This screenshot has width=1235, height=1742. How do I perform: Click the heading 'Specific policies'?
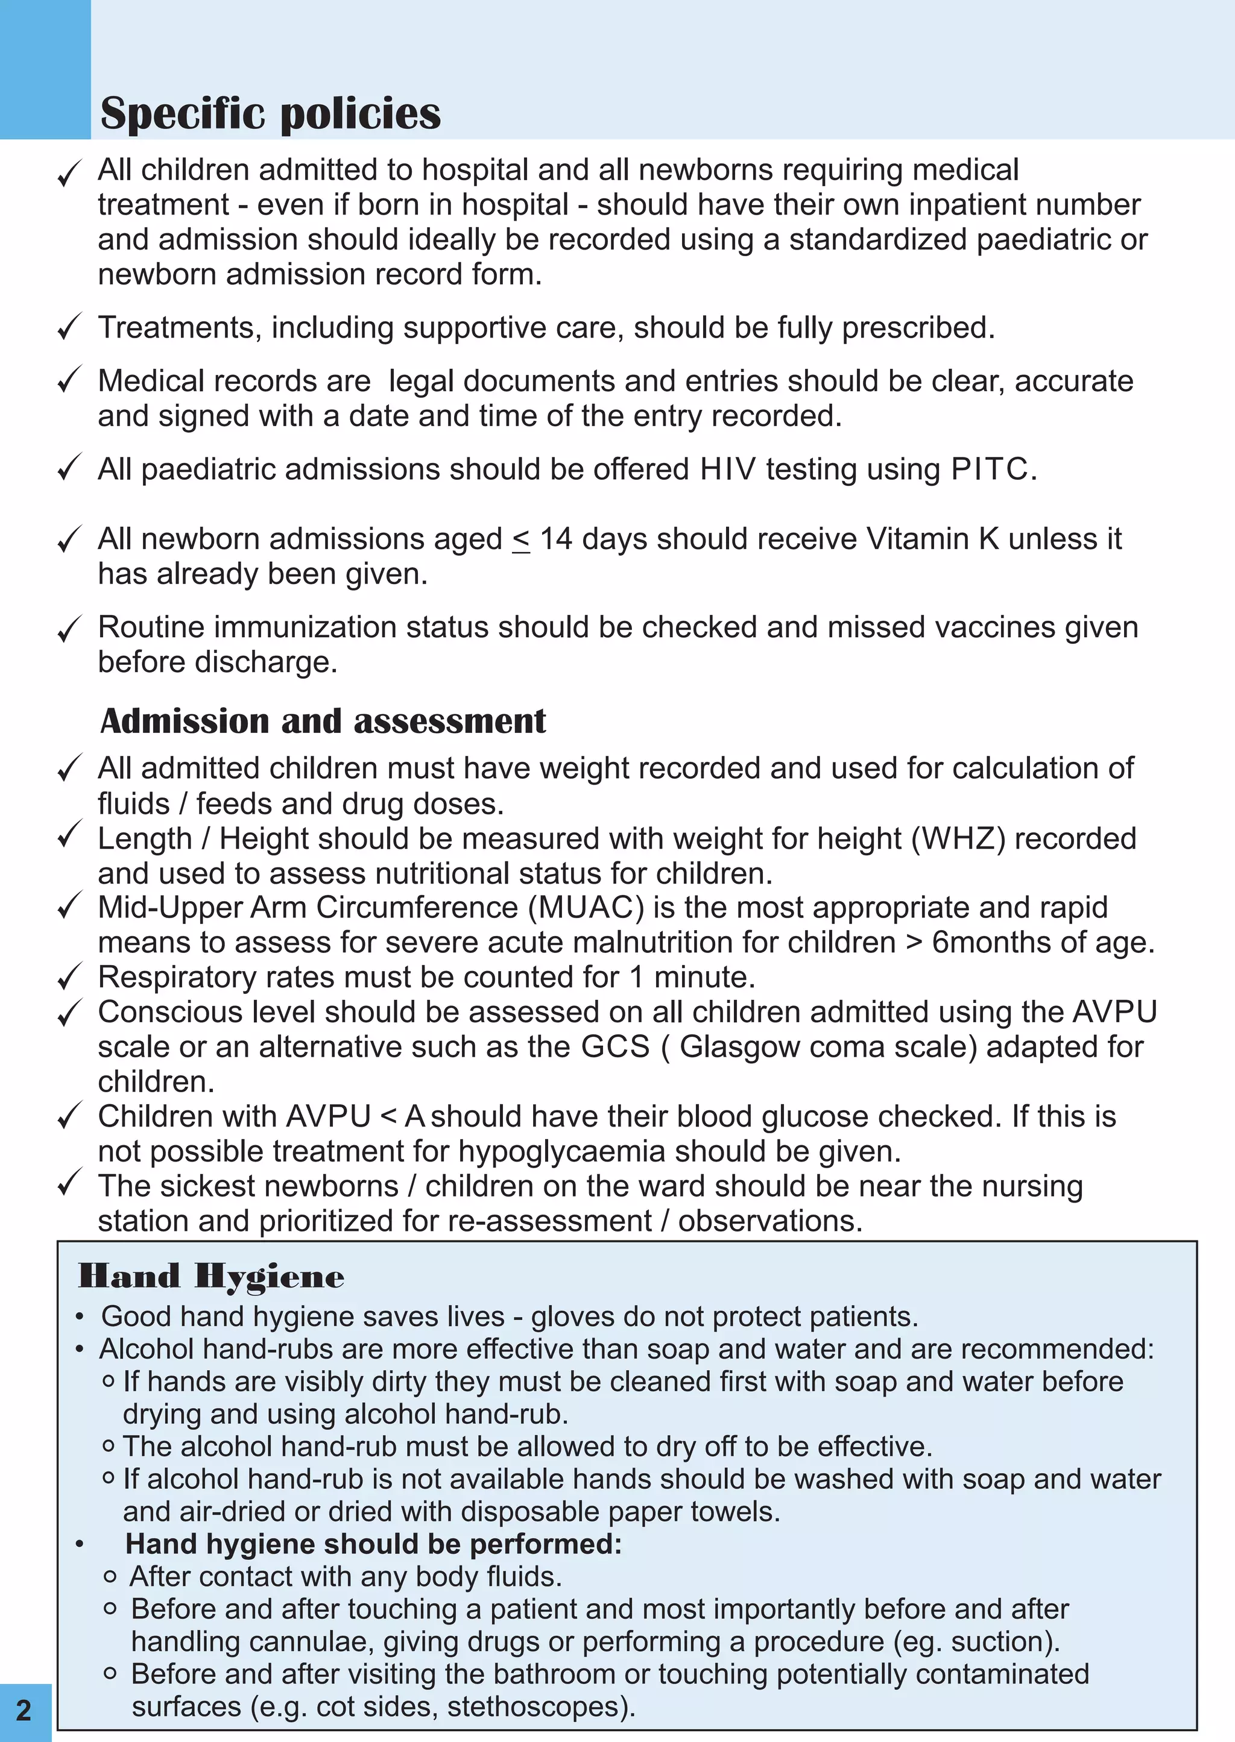point(270,114)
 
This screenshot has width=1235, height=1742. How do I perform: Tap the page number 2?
point(24,1709)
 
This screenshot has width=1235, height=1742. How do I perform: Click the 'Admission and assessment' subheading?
point(323,720)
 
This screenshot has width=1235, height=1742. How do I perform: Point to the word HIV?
point(728,469)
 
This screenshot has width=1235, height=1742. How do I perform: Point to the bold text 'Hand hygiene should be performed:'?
point(373,1544)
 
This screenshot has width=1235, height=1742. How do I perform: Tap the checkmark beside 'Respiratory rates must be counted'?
point(69,978)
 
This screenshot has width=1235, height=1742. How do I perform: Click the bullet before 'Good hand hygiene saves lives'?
point(80,1317)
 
